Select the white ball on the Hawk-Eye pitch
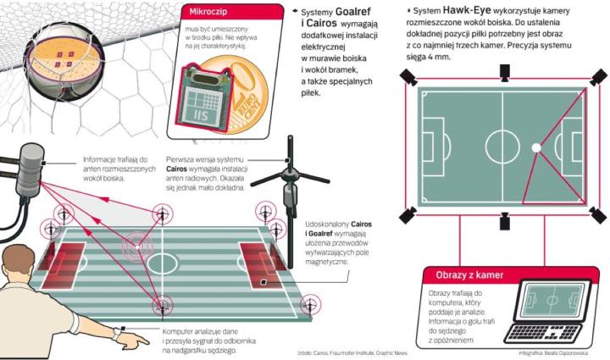pyautogui.click(x=535, y=147)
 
